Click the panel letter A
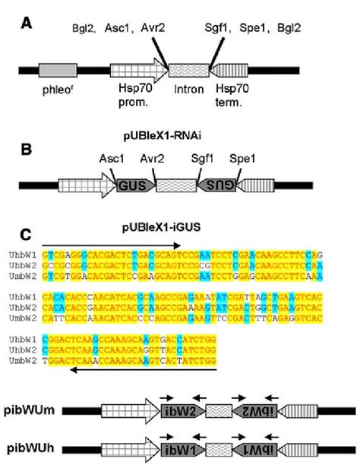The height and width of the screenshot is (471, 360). (x=27, y=24)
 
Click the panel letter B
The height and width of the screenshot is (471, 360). (x=27, y=150)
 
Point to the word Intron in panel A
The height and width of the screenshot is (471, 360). (x=187, y=96)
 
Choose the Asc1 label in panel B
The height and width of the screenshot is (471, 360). (x=112, y=160)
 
